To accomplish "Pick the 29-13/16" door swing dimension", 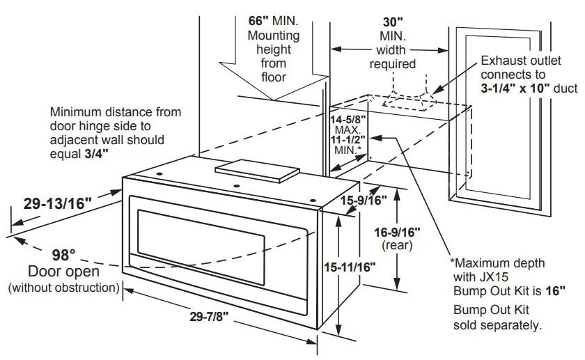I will [x=58, y=203].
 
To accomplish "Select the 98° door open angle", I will [x=64, y=255].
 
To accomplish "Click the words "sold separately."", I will [x=497, y=325].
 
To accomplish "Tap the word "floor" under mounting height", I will [x=274, y=77].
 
